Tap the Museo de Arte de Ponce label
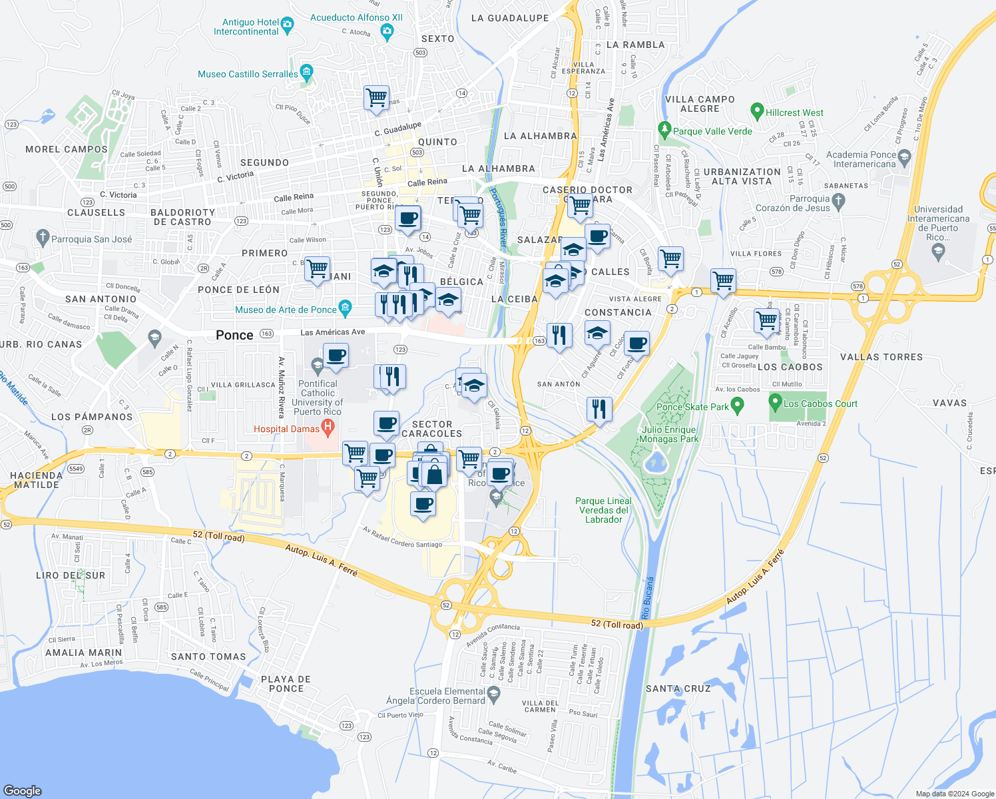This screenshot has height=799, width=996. (286, 310)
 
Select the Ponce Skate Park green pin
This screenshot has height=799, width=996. (737, 405)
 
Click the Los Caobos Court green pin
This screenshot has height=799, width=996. (775, 402)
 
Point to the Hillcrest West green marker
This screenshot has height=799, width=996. (756, 111)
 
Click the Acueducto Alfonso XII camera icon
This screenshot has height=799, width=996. (387, 30)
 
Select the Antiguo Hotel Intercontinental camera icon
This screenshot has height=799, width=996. (288, 26)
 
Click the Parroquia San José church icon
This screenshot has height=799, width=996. (43, 238)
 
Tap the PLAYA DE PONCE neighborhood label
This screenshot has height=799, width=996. (286, 684)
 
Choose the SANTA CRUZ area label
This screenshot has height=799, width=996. (678, 688)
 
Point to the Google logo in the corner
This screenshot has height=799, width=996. (23, 790)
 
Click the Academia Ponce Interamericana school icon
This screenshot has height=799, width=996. (904, 158)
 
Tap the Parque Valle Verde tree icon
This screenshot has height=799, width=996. (664, 129)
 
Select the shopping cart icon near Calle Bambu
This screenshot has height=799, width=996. (767, 320)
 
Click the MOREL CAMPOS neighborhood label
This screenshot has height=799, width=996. (67, 150)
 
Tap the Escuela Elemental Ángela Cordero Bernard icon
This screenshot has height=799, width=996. (493, 694)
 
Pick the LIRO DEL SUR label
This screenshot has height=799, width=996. (71, 575)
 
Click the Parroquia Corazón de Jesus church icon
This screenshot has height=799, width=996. (838, 200)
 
